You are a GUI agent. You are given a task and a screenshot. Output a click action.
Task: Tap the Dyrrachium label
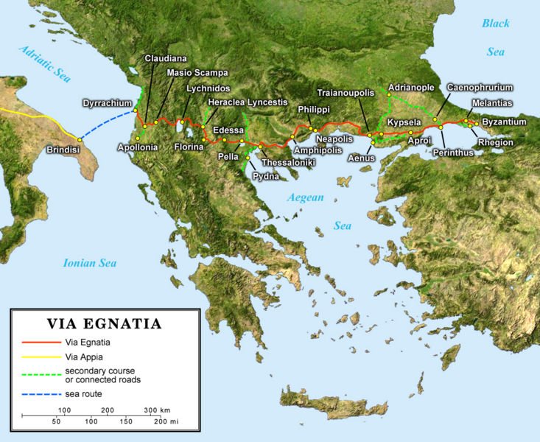[x=108, y=104]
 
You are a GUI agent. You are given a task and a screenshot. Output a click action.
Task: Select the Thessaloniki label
[x=289, y=161]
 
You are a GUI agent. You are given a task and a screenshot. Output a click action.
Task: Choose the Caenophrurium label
[x=480, y=87]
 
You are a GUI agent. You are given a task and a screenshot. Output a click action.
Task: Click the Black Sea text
[x=495, y=38]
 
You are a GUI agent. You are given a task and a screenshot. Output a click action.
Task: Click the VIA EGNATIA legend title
[x=104, y=323]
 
